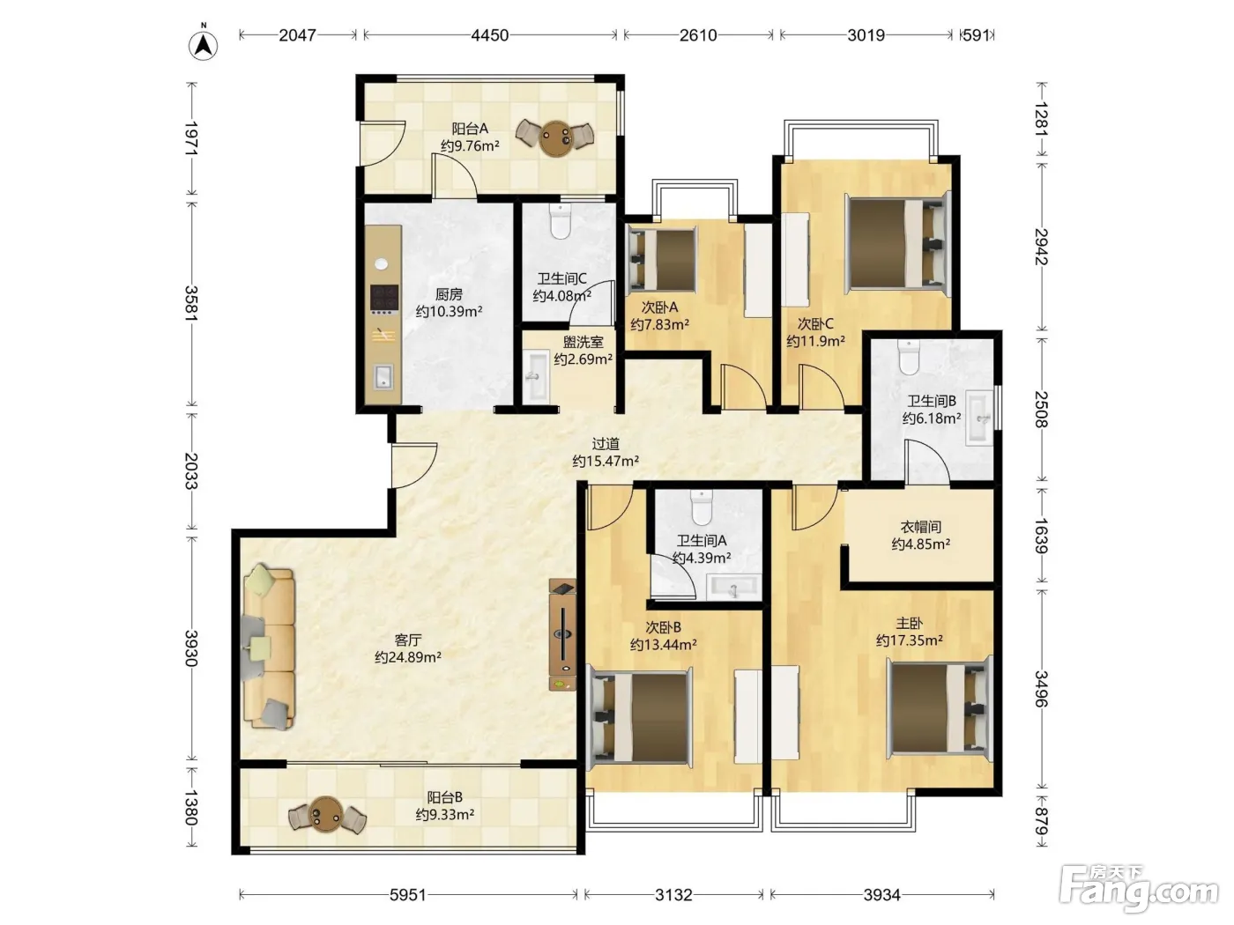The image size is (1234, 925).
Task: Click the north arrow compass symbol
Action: [203, 44]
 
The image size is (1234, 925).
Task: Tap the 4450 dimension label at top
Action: [490, 35]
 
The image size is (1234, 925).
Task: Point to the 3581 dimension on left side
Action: [191, 303]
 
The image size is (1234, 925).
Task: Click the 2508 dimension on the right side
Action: [1041, 410]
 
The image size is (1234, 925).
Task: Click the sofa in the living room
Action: [269, 647]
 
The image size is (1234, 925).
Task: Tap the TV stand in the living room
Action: [562, 635]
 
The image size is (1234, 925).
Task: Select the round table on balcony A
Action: [555, 137]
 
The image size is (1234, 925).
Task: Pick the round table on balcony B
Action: [327, 814]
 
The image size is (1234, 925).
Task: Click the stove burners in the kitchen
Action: [384, 299]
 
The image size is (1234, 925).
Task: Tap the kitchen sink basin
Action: [384, 376]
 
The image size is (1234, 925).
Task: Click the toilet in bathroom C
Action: [560, 221]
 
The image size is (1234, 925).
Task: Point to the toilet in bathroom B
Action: [909, 357]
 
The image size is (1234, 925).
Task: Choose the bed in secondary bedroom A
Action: [662, 259]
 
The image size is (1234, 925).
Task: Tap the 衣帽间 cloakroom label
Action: [920, 527]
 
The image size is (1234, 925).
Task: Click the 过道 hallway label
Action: [606, 444]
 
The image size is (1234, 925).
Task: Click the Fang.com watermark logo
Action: [1139, 889]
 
